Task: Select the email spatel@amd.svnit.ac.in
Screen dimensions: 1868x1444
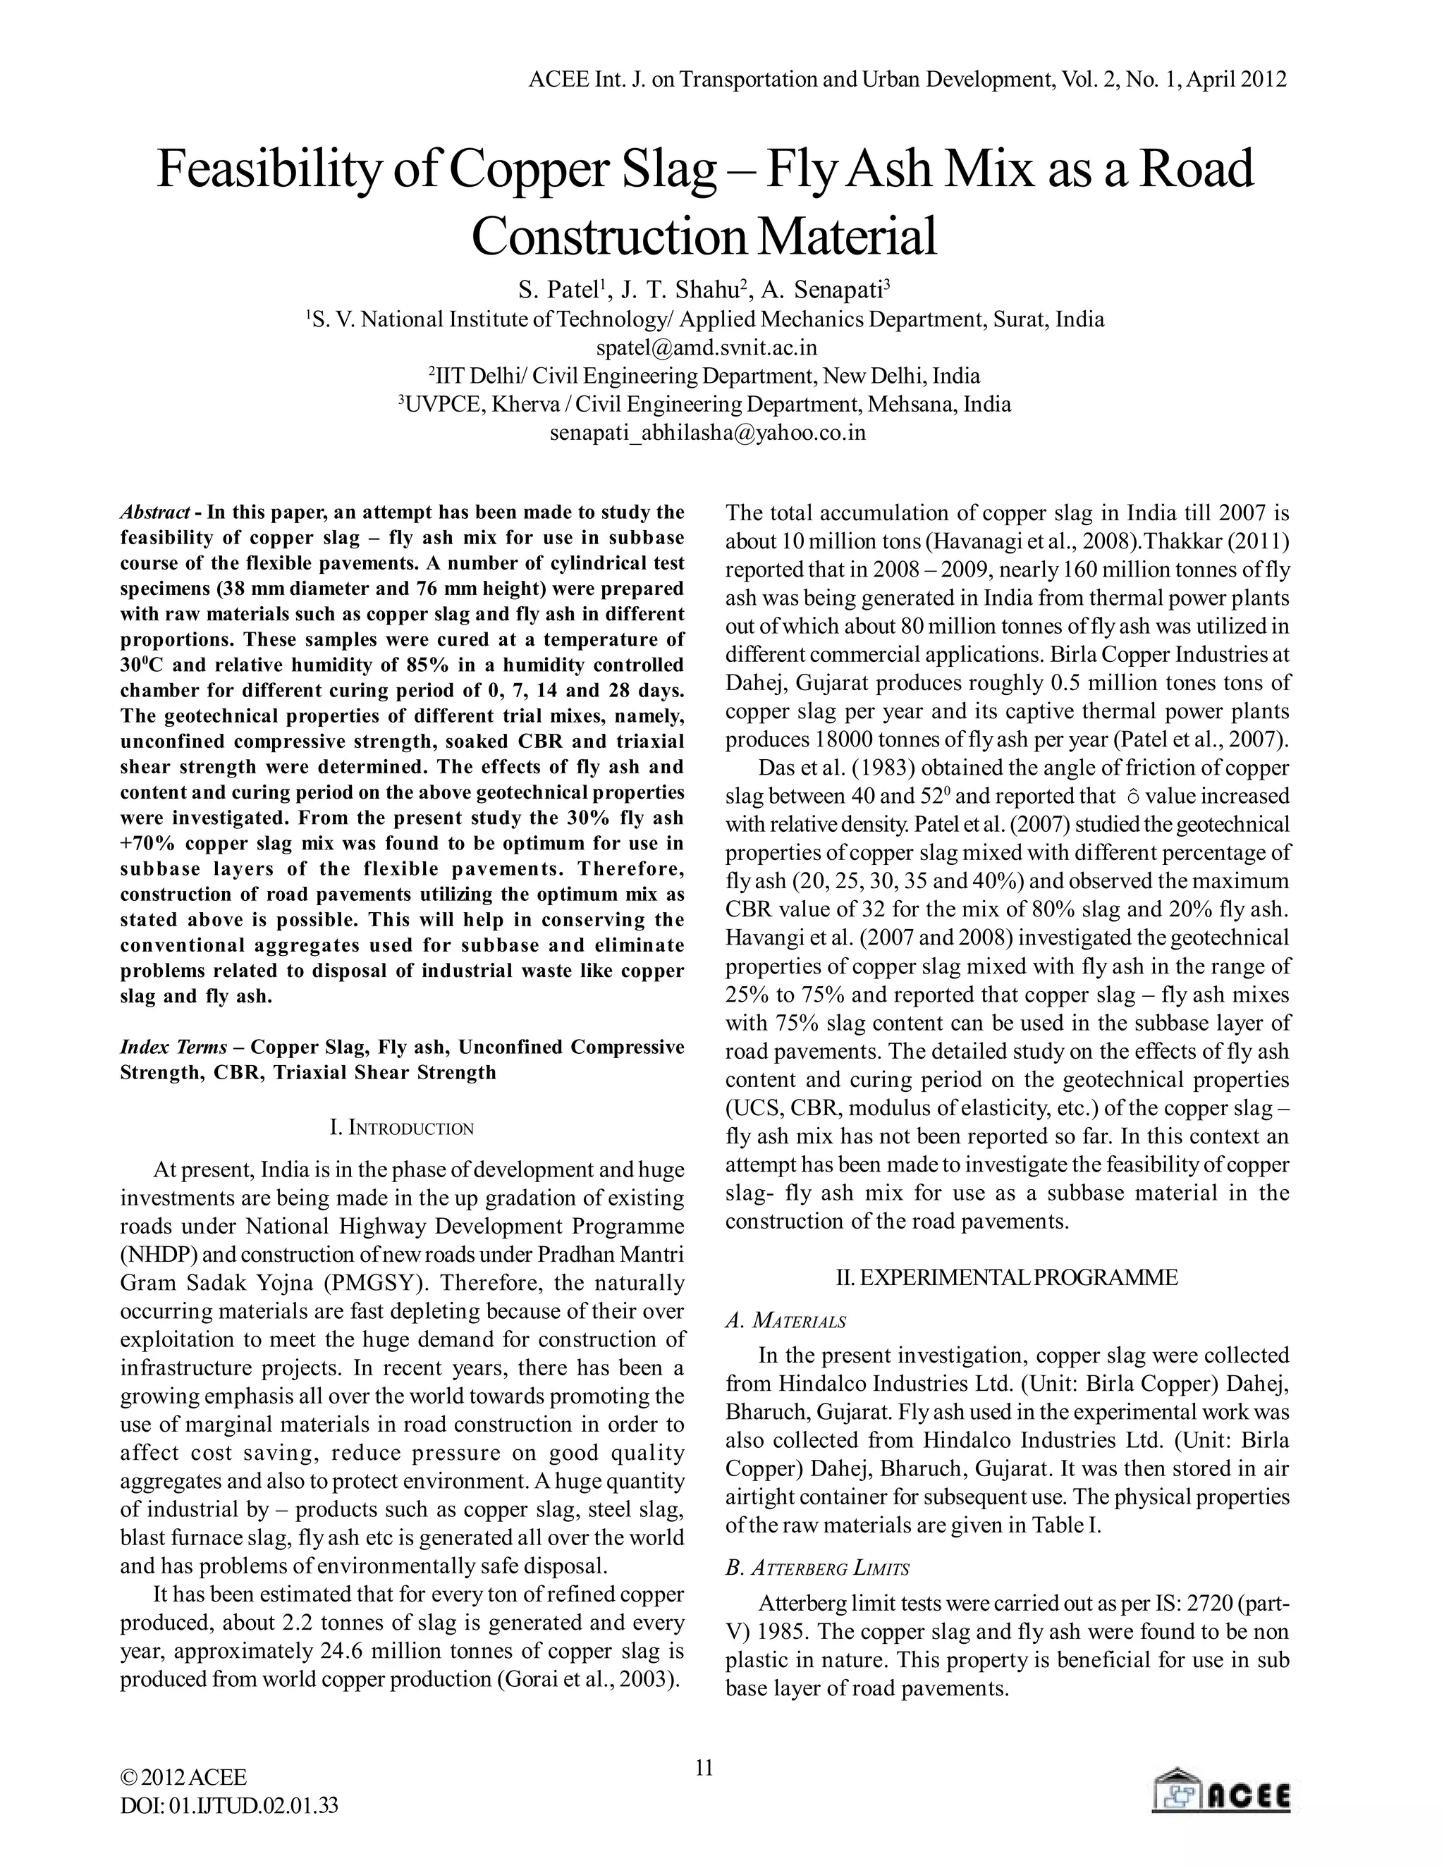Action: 706,348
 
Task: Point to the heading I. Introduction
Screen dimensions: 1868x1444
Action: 401,1127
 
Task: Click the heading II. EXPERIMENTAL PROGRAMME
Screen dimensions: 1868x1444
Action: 1006,1278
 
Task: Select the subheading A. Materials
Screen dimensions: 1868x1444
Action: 785,1322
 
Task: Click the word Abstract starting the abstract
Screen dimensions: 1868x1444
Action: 154,512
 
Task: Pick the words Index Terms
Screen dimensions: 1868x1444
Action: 173,1047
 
